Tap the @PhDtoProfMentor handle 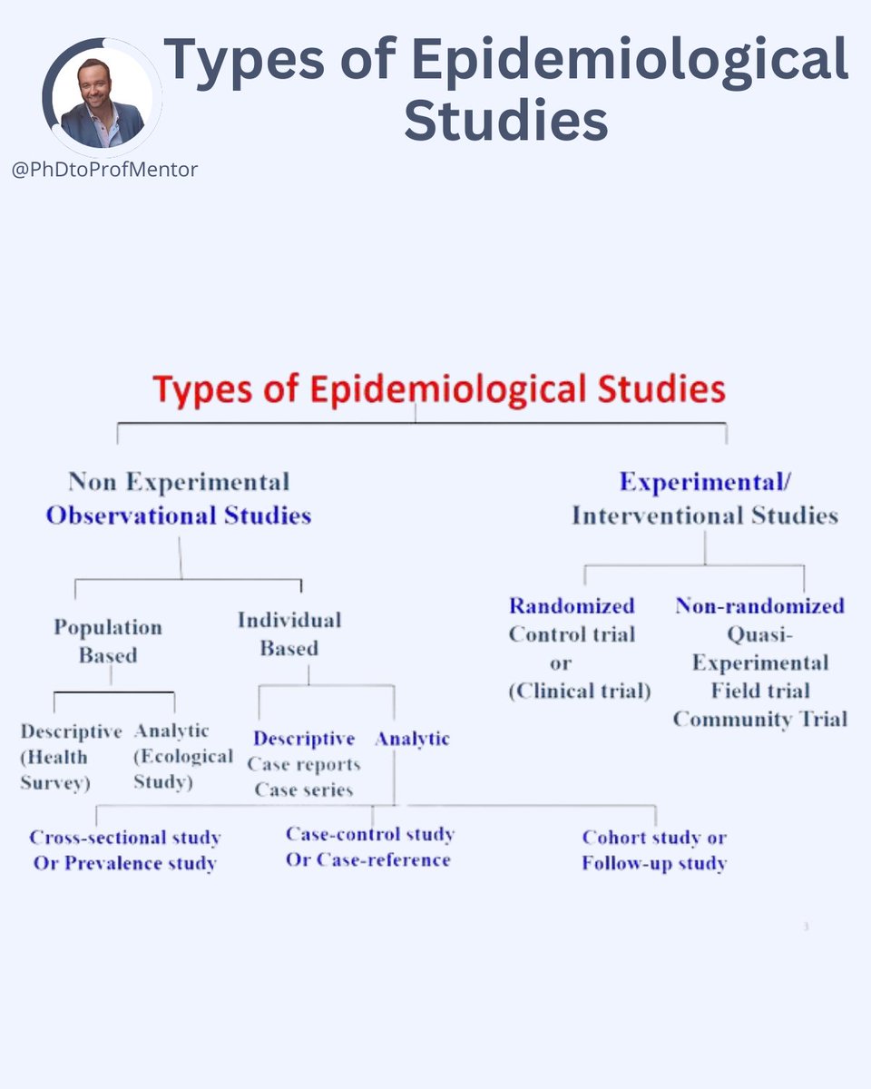(104, 169)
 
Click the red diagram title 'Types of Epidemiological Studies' (439, 389)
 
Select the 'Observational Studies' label (179, 515)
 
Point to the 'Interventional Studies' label (705, 515)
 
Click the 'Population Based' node (108, 641)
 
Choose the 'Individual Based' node (289, 633)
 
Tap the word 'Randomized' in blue (572, 605)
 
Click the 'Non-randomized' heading (759, 605)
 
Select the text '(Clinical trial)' (580, 691)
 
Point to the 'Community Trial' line (760, 719)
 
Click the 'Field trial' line (760, 691)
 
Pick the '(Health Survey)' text (54, 770)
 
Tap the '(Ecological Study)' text (182, 770)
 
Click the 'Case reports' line (304, 764)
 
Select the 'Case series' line (304, 790)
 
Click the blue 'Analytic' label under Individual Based (413, 739)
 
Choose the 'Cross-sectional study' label (125, 837)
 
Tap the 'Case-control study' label (370, 833)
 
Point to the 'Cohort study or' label (654, 837)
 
